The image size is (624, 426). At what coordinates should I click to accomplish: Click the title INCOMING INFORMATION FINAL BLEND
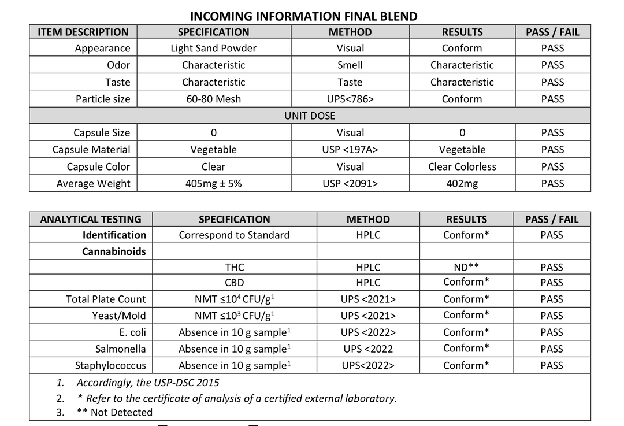pos(303,16)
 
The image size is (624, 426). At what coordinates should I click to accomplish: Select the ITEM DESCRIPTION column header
pos(83,32)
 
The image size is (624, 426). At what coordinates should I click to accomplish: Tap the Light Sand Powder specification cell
pos(213,49)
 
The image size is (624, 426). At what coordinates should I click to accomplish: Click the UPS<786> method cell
pos(350,99)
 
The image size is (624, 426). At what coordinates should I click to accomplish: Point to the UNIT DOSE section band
pos(310,116)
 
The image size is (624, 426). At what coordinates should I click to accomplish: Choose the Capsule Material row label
pos(91,150)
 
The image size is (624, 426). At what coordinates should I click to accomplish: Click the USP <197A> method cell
pos(350,150)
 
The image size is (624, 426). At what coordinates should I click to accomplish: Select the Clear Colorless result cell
pos(462,166)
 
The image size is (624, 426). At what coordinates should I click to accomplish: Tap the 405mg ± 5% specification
pos(213,184)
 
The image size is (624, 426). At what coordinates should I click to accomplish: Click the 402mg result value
pos(462,184)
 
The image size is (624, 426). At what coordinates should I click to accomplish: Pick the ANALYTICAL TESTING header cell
pos(91,220)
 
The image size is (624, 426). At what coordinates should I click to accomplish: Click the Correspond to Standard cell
pos(234,235)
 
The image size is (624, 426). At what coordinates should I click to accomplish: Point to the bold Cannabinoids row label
pos(114,251)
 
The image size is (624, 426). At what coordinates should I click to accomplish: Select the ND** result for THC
pos(466,267)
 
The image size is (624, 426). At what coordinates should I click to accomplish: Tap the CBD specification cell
pos(234,283)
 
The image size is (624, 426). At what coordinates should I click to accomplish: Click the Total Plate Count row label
pos(106,299)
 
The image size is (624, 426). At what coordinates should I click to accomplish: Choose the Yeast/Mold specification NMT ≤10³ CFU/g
pos(234,316)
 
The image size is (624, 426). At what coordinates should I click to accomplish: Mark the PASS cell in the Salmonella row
pos(552,349)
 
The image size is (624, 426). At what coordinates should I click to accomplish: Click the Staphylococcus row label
pos(110,366)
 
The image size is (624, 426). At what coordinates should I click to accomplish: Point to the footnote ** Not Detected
pos(114,412)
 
